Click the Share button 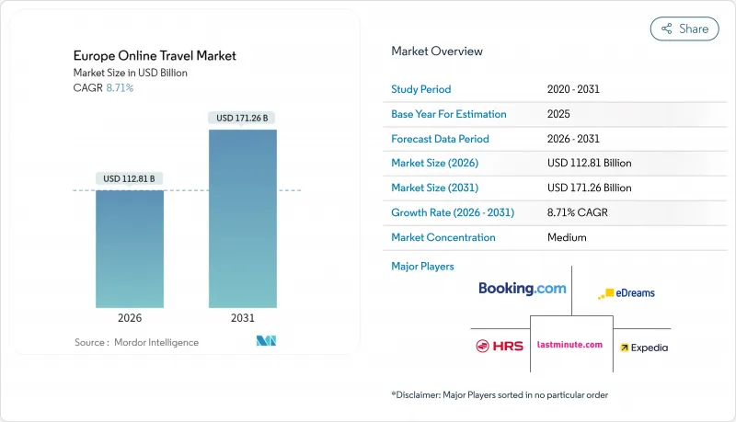pos(684,29)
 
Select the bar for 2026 pos(130,248)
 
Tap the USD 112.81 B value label pos(130,177)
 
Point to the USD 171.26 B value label pos(243,118)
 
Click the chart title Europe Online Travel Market pos(155,56)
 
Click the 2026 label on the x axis pos(130,318)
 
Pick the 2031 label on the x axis pos(243,318)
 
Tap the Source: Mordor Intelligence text pos(136,342)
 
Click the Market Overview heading pos(437,51)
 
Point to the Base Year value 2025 pos(559,114)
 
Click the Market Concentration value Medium pos(567,237)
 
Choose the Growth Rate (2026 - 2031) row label pos(453,212)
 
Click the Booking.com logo pos(522,289)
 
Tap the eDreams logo pos(627,293)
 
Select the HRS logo pos(500,346)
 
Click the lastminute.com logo pos(570,345)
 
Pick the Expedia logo pos(644,348)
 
